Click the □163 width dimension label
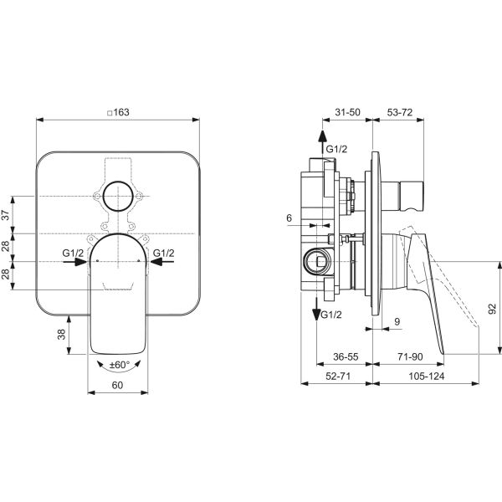[x=118, y=112]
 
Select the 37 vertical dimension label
[x=6, y=214]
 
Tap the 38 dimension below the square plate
[x=61, y=335]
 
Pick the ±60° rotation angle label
[x=120, y=365]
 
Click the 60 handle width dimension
[x=117, y=385]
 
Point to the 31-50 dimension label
[x=347, y=112]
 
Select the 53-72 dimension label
[x=400, y=112]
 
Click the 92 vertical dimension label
[x=492, y=309]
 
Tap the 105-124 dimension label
[x=426, y=376]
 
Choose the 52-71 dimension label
[x=338, y=376]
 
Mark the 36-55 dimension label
[x=346, y=356]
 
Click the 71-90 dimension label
[x=410, y=356]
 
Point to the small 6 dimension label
[x=289, y=218]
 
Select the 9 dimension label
[x=397, y=322]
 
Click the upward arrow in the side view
[x=322, y=143]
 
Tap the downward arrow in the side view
[x=316, y=309]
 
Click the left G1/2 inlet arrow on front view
[x=74, y=262]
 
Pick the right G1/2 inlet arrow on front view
[x=162, y=262]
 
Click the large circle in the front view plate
[x=118, y=196]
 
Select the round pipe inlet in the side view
[x=316, y=262]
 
